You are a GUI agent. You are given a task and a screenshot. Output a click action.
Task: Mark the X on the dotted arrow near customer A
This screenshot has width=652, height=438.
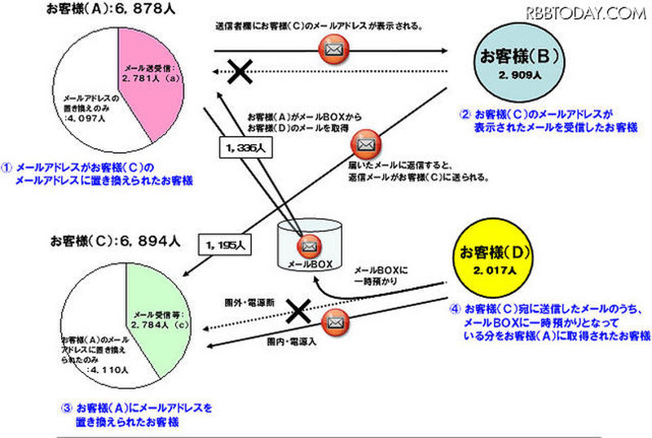(x=239, y=72)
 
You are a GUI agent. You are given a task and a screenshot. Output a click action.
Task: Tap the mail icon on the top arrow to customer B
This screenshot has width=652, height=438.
(x=333, y=50)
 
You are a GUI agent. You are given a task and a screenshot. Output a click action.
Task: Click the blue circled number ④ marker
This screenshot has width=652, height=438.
(x=457, y=309)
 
